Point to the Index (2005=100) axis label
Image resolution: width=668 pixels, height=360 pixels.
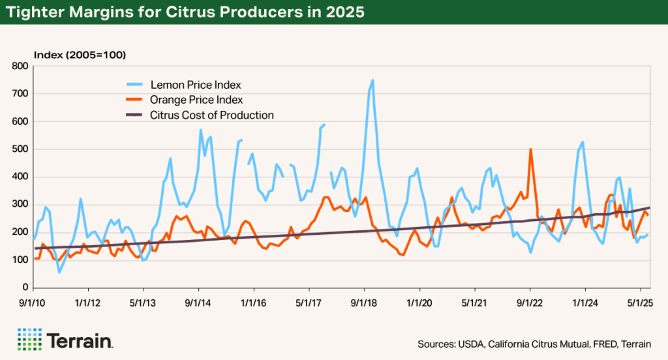click(80, 54)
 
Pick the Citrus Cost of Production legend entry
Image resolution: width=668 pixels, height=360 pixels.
click(211, 115)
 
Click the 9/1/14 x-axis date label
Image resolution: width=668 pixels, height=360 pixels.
click(198, 303)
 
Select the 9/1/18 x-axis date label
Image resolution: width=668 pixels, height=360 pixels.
click(364, 303)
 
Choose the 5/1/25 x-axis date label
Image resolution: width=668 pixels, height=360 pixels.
click(641, 303)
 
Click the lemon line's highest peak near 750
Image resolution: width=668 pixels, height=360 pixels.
click(372, 81)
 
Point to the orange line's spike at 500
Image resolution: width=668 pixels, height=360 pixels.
click(530, 149)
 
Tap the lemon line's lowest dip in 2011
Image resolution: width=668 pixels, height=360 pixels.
click(59, 272)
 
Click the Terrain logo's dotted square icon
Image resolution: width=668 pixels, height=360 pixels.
click(29, 339)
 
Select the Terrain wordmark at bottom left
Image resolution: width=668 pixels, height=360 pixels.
click(80, 340)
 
